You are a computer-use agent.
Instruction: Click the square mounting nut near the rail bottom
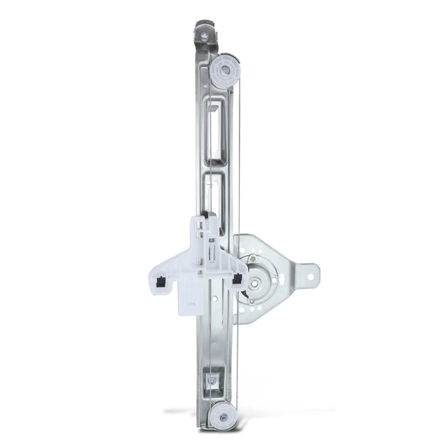point(211,381)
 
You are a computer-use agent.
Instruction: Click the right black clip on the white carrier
point(237,279)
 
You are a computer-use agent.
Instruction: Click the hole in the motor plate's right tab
point(309,278)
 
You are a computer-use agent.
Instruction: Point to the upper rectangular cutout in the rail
point(218,132)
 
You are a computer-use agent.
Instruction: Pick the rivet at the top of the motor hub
point(254,259)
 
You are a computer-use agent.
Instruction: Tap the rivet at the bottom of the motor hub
point(254,301)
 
